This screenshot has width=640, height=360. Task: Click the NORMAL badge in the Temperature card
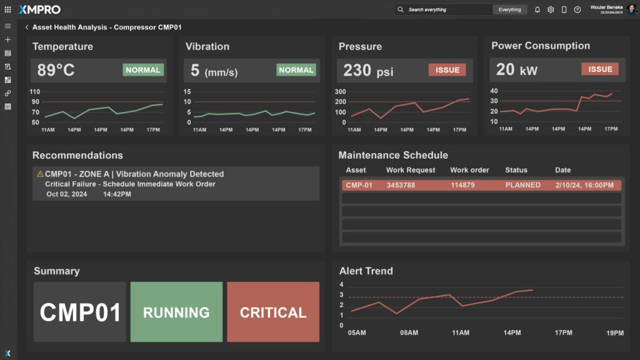point(143,70)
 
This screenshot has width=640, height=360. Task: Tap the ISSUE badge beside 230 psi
point(447,70)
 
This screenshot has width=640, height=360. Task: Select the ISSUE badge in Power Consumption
point(600,69)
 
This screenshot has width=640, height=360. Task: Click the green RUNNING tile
point(176,312)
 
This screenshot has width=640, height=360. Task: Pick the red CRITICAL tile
point(273,312)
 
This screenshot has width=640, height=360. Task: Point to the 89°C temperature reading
point(56,70)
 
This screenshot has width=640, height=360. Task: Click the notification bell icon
point(537,9)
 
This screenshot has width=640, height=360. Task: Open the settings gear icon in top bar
point(551,9)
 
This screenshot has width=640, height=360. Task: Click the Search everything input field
point(447,9)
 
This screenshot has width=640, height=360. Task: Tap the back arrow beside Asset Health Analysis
point(27,27)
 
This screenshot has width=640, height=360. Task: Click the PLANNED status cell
point(522,185)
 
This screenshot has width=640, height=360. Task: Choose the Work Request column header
point(411,170)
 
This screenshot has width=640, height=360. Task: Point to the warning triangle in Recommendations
point(40,174)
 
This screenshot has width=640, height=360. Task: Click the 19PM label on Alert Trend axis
point(615,333)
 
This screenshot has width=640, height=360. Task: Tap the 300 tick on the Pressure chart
point(341,92)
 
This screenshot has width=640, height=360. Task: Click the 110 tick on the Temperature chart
point(35,92)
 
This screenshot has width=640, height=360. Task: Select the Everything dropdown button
point(509,9)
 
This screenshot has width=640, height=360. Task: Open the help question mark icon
point(577,9)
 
